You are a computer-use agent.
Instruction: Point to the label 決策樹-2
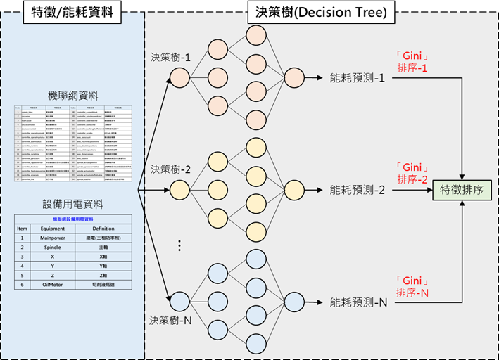[170, 169]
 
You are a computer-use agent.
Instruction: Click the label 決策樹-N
[170, 320]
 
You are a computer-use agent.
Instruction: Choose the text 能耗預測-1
[357, 78]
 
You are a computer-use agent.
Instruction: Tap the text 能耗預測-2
[357, 190]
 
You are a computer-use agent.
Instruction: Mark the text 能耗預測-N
[358, 303]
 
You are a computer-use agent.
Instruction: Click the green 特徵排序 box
[461, 190]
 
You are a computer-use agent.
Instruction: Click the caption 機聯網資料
[73, 96]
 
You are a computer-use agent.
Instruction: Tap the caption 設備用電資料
[73, 205]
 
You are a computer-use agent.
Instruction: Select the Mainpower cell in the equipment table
[53, 238]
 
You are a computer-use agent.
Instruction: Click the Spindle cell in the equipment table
[53, 247]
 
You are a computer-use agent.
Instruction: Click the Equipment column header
[53, 228]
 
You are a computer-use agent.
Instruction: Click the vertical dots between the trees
[179, 246]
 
